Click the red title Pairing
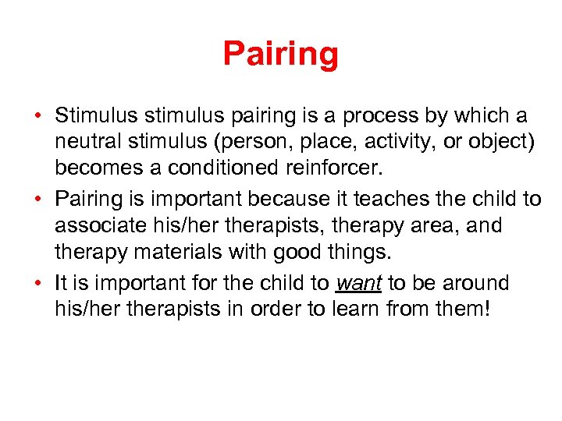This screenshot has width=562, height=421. click(281, 54)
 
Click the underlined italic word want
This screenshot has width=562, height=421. click(357, 283)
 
